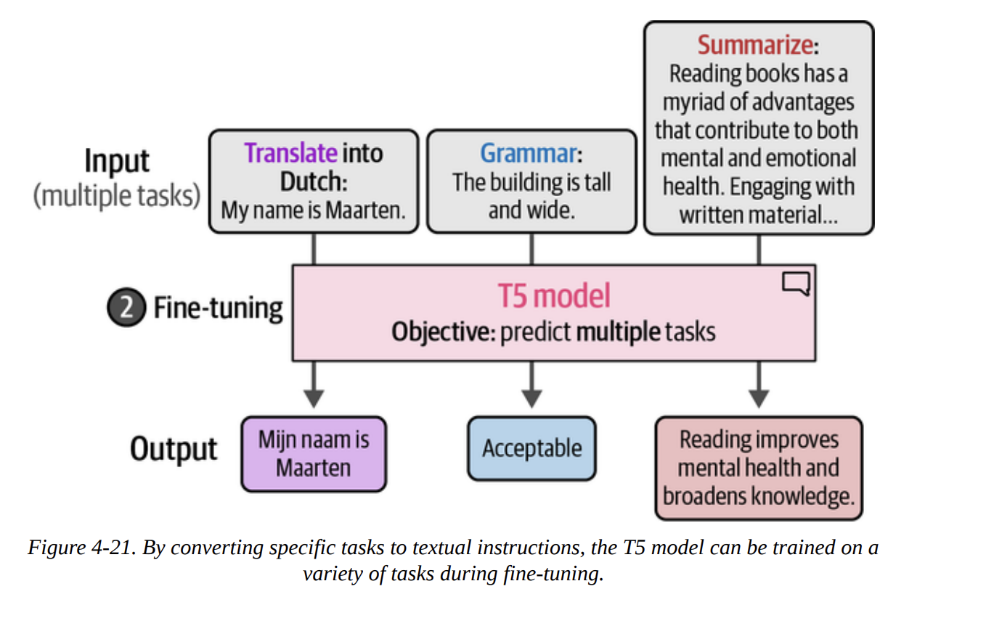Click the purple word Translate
[x=290, y=153]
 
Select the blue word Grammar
[x=528, y=153]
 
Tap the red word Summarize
[x=754, y=45]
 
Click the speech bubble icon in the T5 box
[x=795, y=284]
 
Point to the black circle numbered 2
[x=126, y=308]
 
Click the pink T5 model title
[x=553, y=296]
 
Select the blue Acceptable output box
[x=531, y=448]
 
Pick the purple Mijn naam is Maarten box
[x=314, y=453]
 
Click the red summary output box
[x=758, y=468]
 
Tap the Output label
[x=174, y=449]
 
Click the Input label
[x=117, y=161]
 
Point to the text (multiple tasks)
[x=117, y=196]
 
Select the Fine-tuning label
[x=217, y=308]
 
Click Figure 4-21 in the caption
[x=79, y=548]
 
